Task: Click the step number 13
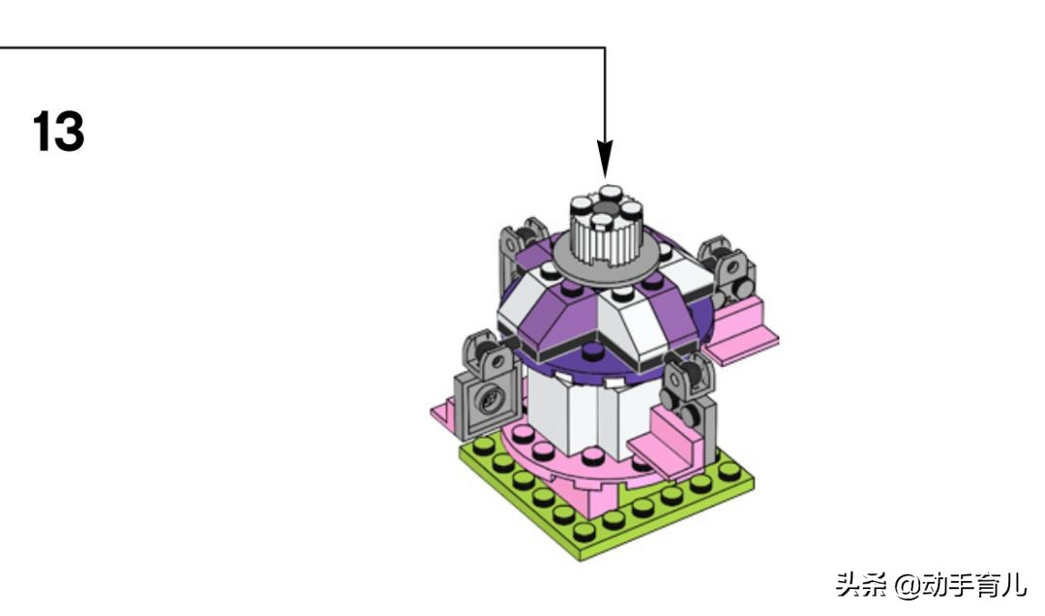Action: click(x=58, y=132)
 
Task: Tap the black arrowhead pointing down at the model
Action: click(x=605, y=160)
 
